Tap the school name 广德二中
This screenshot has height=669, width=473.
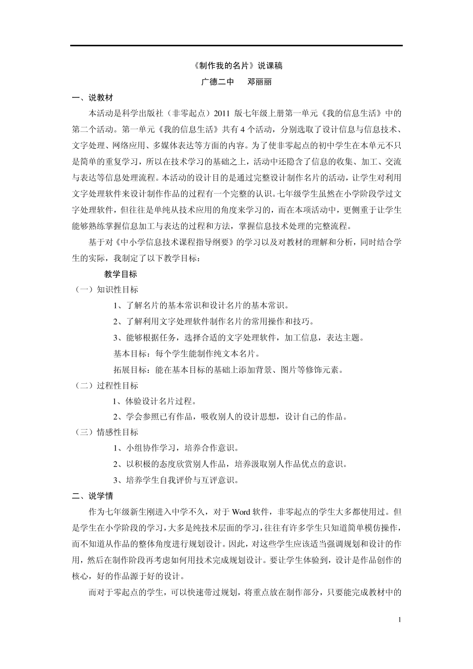pos(217,82)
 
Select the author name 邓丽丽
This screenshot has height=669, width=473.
pos(259,82)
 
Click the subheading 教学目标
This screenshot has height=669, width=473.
pos(120,274)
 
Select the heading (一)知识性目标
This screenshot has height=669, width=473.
pos(106,290)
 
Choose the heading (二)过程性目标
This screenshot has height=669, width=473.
pos(106,386)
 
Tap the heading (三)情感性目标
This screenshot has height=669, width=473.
pos(106,433)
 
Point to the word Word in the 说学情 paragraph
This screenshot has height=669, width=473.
pos(240,512)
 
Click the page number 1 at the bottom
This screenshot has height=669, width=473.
pos(399,620)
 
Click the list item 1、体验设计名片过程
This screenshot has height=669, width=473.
pos(155,402)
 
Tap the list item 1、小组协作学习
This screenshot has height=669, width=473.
pos(176,448)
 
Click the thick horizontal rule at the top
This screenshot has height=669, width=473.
pos(236,46)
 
